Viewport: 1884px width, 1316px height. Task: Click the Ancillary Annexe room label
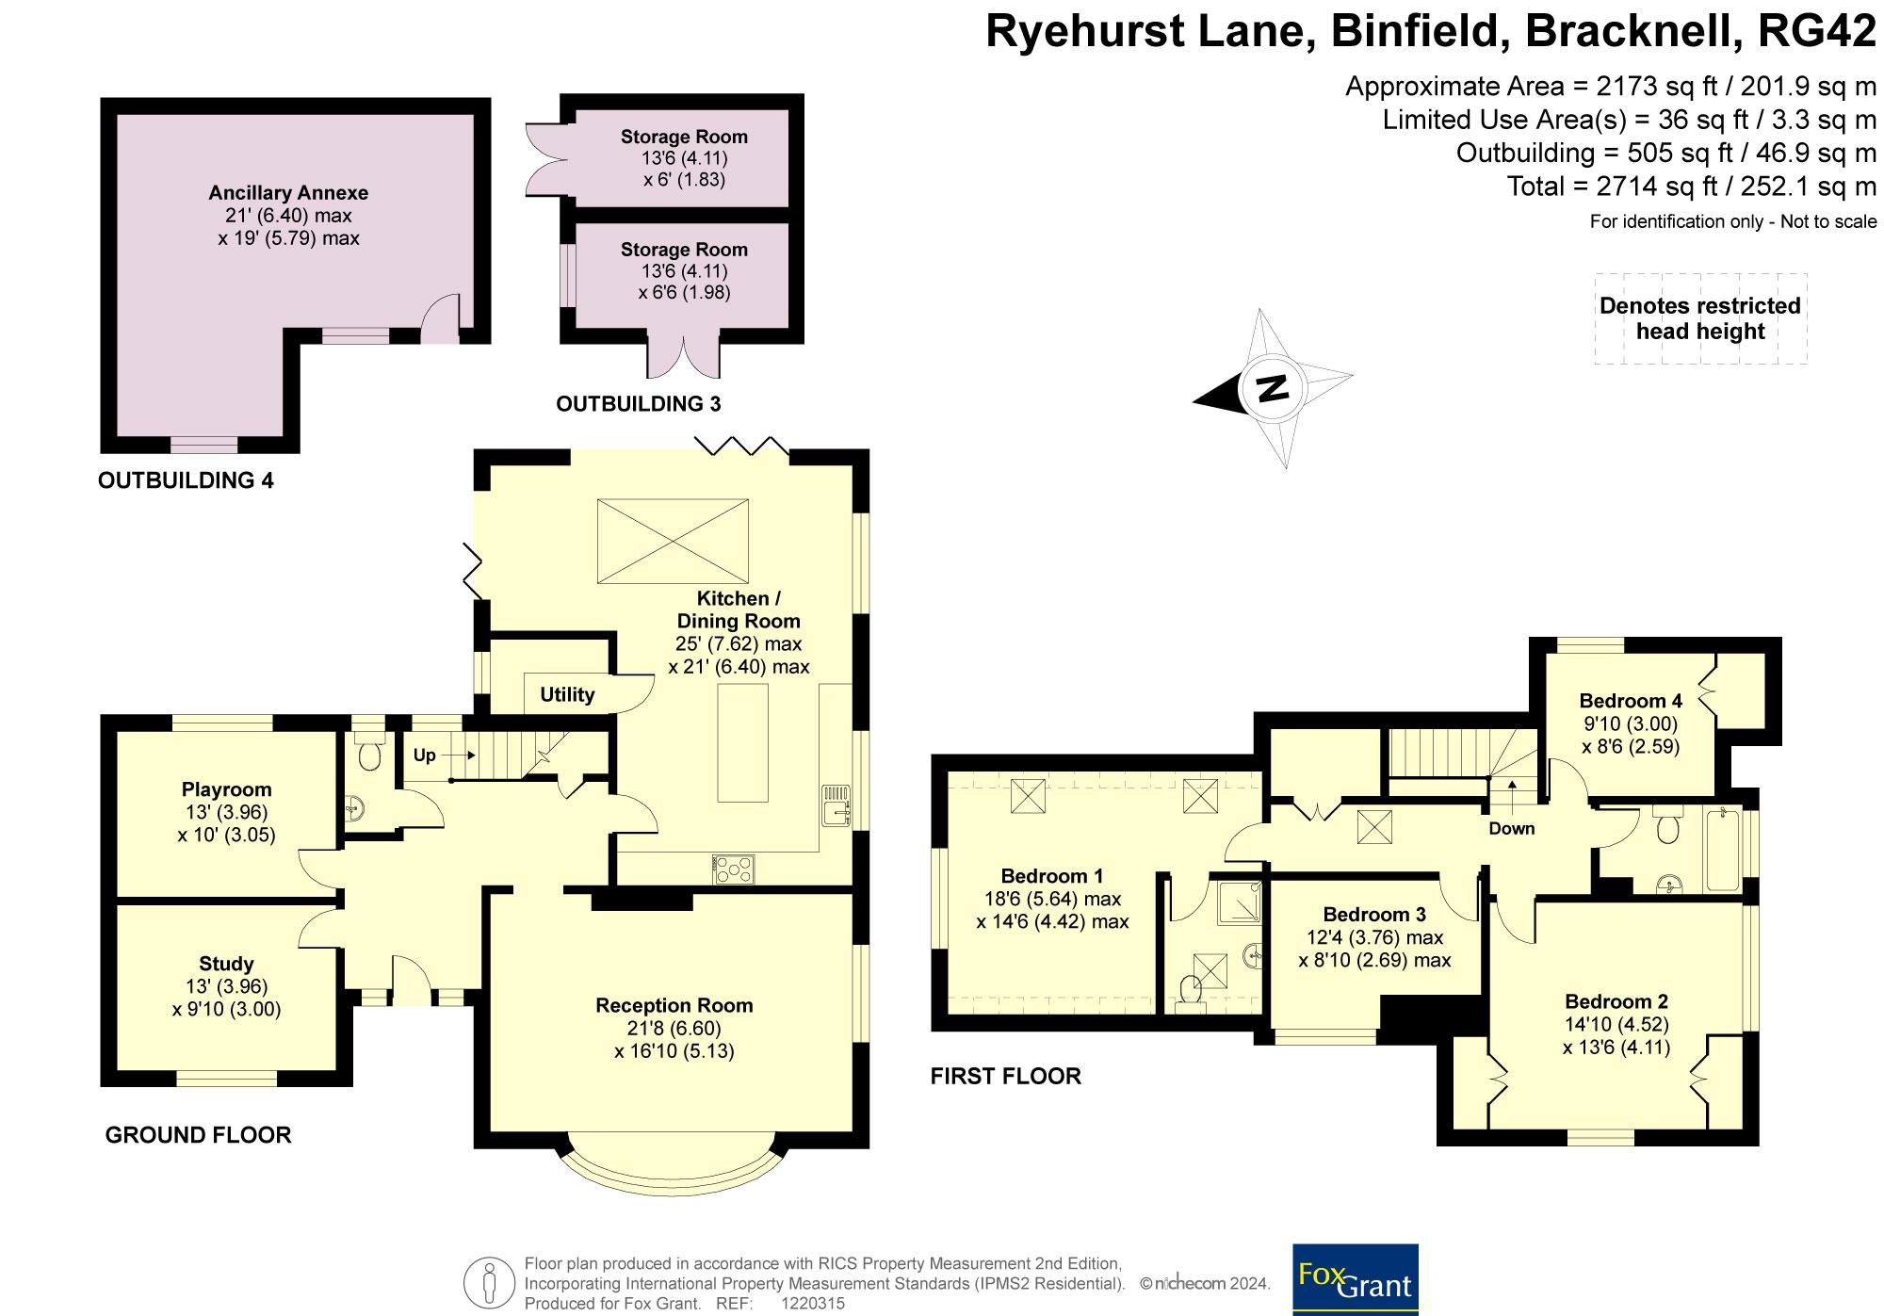tap(288, 193)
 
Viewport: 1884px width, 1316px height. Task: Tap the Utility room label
tap(567, 694)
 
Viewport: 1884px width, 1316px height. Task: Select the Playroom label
tap(226, 789)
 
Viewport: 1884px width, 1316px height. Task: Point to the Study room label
tap(226, 964)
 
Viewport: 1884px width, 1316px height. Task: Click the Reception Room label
tap(674, 1005)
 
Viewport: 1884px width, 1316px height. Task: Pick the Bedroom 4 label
tap(1631, 701)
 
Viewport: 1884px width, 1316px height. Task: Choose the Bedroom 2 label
tap(1616, 1001)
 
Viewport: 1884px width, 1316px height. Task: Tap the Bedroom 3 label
tap(1374, 914)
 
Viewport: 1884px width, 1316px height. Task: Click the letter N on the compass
tap(1273, 387)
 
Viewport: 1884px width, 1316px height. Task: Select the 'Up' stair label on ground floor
tap(425, 755)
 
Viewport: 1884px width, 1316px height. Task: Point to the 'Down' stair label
tap(1512, 829)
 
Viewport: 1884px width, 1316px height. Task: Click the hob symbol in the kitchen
tap(734, 869)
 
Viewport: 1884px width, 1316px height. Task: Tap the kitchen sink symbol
tap(836, 805)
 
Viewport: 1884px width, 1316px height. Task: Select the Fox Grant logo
tap(1356, 1279)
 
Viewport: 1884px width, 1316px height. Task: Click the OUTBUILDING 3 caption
tap(638, 404)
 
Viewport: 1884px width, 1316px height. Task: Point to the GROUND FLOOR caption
tap(198, 1135)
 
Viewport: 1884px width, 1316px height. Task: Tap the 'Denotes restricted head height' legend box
tap(1700, 318)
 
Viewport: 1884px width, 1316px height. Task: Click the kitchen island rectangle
tap(742, 742)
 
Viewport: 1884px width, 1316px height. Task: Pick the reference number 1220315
tap(813, 1304)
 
